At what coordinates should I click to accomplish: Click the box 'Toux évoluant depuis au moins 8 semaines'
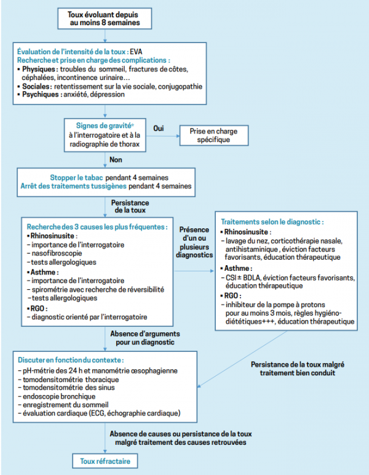[104, 18]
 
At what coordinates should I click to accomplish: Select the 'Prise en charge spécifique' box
[213, 135]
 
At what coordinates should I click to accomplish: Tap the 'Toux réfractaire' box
[105, 461]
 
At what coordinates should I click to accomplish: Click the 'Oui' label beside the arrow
[158, 128]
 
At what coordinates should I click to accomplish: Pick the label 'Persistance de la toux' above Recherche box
[130, 206]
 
